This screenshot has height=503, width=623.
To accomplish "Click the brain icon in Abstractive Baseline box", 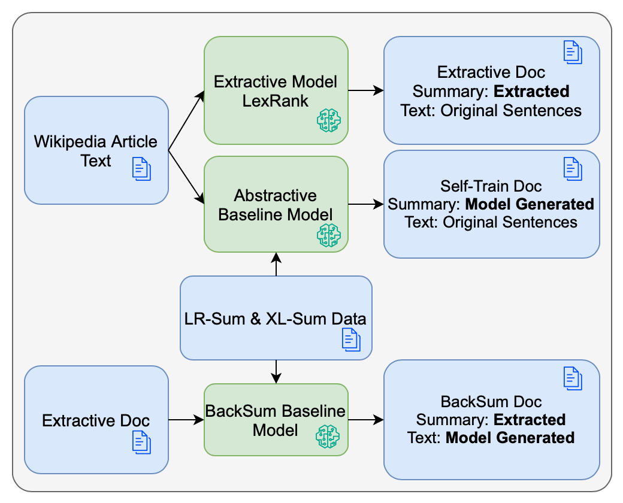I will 328,235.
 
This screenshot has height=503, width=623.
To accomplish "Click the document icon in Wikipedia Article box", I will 141,169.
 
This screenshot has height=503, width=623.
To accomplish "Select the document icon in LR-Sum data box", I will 351,340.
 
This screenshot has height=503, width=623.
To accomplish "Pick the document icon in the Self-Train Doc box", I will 573,168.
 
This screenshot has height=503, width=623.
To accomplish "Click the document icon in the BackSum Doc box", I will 573,378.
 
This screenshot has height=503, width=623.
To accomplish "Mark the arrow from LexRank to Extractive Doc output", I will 366,90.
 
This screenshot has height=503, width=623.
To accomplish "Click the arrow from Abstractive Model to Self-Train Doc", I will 366,204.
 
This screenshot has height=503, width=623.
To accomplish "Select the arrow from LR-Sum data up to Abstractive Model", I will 276,264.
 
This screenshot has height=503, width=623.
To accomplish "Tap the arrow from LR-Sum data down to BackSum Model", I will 276,372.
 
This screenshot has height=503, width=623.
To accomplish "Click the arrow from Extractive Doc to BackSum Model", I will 186,420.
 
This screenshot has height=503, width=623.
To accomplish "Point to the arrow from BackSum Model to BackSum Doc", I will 366,420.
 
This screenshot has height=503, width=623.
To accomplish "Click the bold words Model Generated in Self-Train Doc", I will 530,204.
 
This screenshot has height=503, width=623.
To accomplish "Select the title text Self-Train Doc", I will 491,186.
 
